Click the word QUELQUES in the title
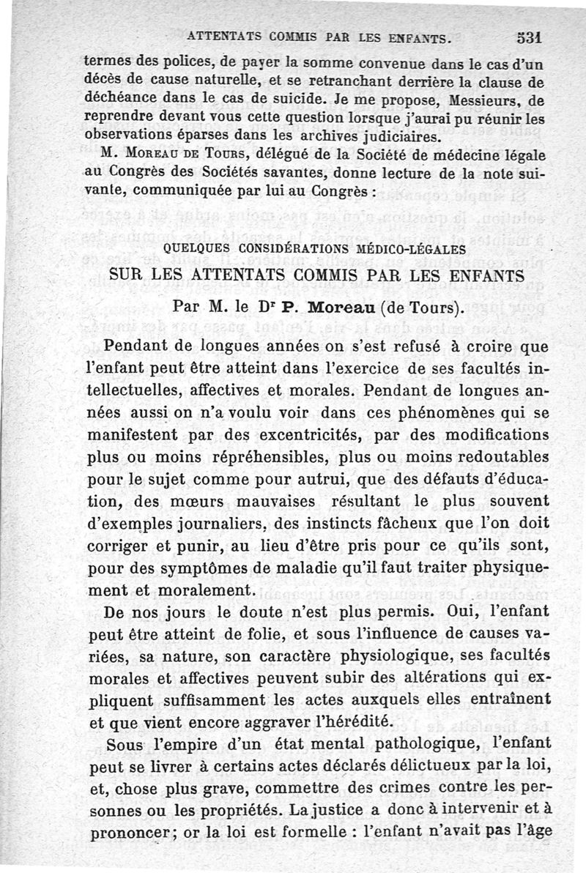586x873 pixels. click(x=199, y=248)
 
